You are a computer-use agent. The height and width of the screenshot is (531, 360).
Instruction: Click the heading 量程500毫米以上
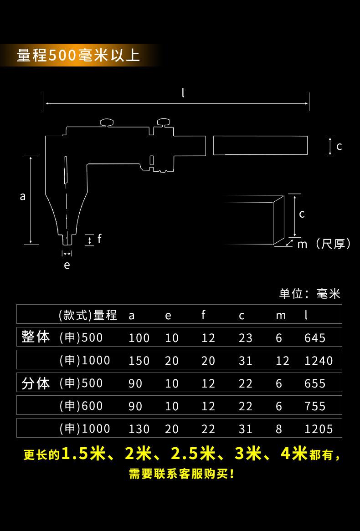pos(78,56)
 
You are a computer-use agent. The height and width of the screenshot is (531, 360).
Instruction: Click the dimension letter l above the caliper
pos(183,93)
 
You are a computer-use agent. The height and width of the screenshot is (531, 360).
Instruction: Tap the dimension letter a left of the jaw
pos(23,197)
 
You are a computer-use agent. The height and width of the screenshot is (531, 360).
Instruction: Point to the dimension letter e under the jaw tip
pos(67,265)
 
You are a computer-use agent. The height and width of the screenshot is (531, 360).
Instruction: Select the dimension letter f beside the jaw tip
pos(99,239)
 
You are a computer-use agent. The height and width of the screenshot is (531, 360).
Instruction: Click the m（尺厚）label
pos(324,245)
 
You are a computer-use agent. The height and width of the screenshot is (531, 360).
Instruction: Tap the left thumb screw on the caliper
pos(108,122)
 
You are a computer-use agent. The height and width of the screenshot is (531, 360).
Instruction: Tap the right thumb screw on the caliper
pos(164,122)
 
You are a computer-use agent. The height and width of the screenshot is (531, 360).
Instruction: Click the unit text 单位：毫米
pos(309,294)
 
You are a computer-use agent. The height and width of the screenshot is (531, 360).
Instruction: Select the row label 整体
pos(36,337)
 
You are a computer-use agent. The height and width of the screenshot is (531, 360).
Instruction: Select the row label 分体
pos(36,383)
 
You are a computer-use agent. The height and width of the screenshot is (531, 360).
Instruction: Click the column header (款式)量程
pos(87,315)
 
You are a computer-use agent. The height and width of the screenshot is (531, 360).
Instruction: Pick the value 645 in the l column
pos(315,338)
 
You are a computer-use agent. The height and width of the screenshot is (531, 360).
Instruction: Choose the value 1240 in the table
pos(319,361)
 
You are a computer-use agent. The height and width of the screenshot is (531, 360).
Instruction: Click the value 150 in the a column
pos(139,361)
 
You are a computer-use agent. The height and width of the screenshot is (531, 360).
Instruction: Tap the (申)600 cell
pos(81,405)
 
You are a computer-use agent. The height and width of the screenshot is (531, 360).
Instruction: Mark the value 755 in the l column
pos(315,406)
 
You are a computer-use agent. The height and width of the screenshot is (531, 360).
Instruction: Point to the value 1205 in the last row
pos(319,429)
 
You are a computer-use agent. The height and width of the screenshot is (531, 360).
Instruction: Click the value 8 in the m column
pos(279,429)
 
